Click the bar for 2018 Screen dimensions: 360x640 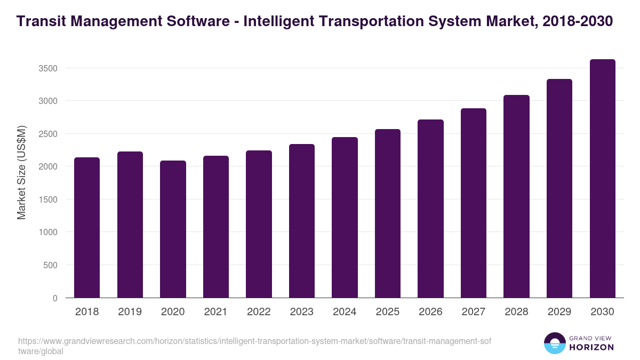coord(87,228)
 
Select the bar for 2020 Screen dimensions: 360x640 coord(173,229)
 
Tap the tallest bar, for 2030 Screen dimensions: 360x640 coord(602,179)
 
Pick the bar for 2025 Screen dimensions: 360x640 coord(388,213)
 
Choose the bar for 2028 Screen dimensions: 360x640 coord(516,196)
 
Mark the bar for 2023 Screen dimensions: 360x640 coord(302,221)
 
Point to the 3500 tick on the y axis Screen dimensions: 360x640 coord(47,68)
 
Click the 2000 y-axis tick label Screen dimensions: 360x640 coord(47,166)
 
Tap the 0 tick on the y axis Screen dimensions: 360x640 coord(55,298)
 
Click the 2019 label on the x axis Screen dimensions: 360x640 coord(130,312)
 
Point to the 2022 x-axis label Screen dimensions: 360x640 coord(259,312)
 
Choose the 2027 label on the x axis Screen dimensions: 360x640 coord(474,312)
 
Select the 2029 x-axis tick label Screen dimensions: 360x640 coord(559,312)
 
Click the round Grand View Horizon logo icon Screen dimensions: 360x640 coord(554,343)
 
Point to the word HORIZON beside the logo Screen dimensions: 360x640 coord(591,347)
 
